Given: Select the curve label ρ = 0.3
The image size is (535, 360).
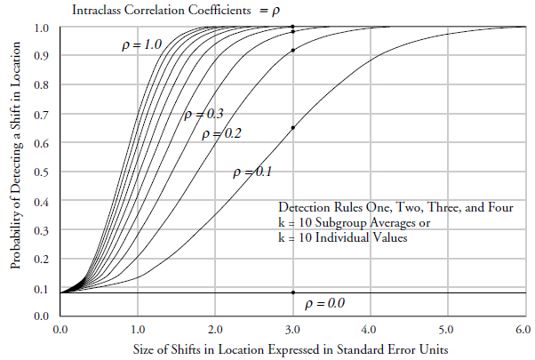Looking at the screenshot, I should point(204,114).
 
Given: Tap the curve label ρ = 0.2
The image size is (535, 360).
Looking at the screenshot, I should point(222,134).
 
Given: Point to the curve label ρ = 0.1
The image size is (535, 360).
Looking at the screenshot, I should point(252,171).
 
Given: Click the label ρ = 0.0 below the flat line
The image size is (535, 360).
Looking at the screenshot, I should point(323,303).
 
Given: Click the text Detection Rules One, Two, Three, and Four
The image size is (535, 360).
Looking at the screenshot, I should point(395,207).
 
